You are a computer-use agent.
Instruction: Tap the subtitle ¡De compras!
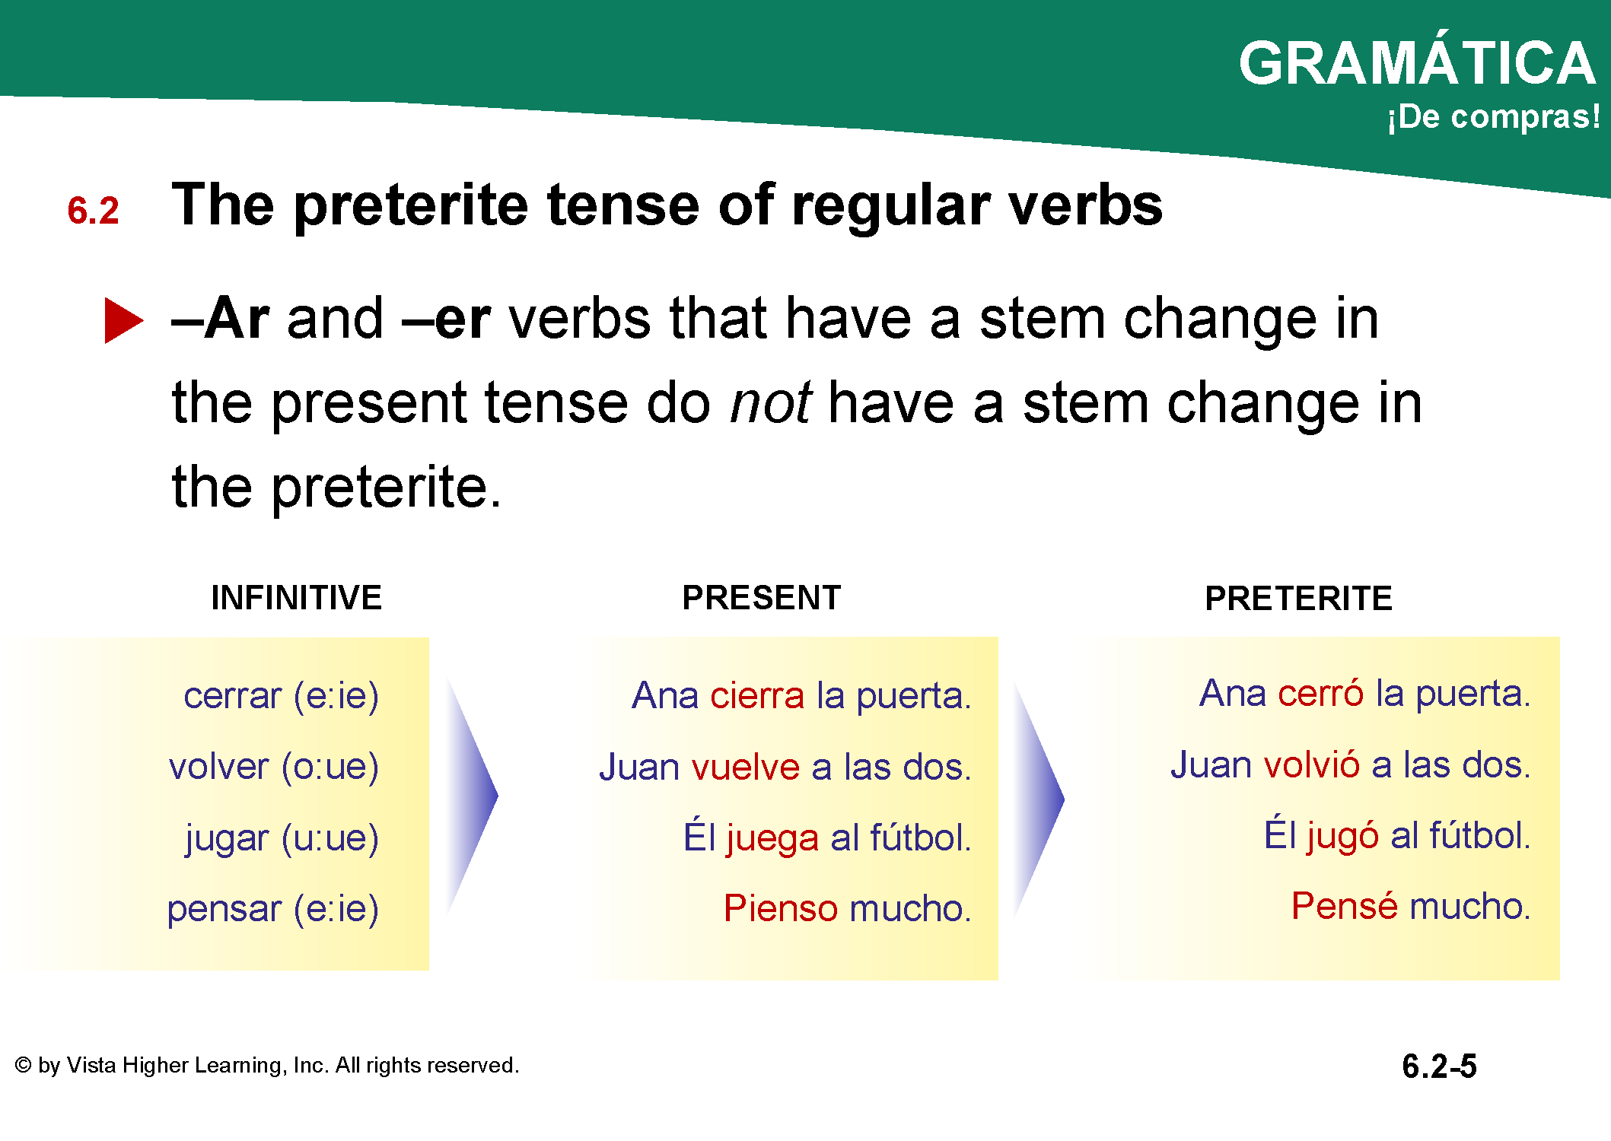1494,117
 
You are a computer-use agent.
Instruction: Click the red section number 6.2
94,211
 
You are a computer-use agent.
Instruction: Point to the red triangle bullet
124,320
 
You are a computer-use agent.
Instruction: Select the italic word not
771,402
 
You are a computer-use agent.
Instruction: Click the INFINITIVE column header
297,598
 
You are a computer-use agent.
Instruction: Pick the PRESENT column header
762,598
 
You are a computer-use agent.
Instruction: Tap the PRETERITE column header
1299,599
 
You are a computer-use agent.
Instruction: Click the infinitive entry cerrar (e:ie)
282,696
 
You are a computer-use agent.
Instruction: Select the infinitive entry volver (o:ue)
274,767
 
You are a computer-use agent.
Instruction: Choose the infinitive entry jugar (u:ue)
282,838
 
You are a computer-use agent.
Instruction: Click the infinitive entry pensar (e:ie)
273,909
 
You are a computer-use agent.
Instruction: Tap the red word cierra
757,695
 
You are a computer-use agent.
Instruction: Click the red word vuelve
747,767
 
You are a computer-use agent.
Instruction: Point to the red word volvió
1312,764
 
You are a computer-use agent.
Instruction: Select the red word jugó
1343,836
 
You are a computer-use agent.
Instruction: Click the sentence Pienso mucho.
848,908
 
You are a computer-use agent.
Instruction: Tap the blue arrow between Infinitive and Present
472,796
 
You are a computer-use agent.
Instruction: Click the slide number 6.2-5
1439,1066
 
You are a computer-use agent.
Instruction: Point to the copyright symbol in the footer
24,1065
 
